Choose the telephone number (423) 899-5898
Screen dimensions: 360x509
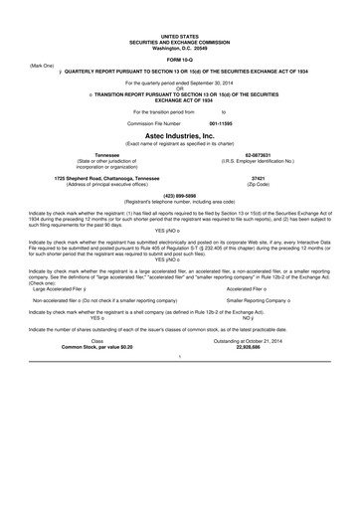(179, 197)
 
